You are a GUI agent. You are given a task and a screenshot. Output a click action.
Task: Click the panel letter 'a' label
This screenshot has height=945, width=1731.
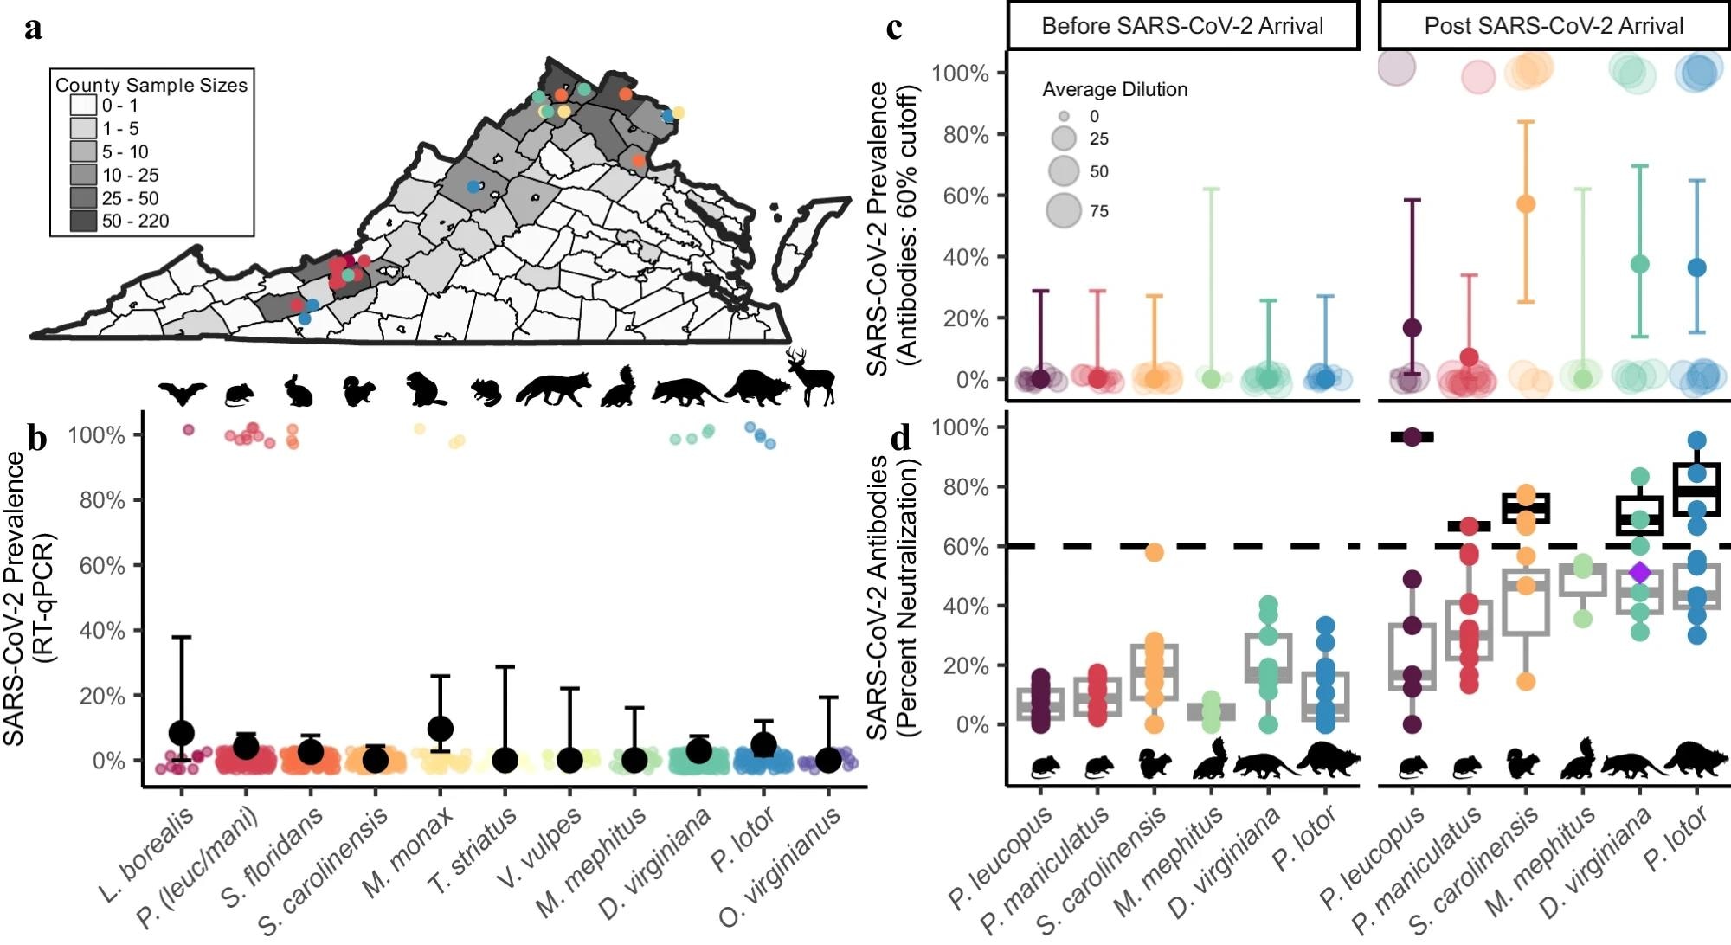33,28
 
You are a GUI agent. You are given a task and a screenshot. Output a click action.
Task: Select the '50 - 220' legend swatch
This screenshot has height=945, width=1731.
84,222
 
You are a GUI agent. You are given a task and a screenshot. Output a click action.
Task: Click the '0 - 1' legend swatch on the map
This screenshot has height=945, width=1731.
84,106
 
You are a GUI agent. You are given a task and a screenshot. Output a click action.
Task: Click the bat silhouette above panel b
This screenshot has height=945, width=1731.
183,393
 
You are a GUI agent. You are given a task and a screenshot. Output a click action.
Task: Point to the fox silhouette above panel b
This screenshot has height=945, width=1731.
554,389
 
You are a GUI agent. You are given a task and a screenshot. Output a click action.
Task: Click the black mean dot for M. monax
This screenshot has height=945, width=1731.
440,729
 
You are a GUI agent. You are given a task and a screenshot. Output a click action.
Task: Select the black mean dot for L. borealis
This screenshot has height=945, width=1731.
181,733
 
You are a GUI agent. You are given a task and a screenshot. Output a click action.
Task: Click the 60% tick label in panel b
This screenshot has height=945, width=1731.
102,566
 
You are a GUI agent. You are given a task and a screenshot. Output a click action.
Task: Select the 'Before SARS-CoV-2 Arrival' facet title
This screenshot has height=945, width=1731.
1182,26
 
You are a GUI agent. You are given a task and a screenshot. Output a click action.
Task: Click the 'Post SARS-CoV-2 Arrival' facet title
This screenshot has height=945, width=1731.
1554,26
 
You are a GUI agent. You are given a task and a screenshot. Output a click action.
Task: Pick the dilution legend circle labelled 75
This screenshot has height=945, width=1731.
1064,210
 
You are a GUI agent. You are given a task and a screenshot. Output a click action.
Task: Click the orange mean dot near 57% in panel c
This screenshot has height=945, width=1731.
1526,204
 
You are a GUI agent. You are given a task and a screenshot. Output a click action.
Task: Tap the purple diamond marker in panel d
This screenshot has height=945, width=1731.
1639,572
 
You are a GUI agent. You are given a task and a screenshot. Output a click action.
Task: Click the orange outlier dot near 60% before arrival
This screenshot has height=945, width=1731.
1155,552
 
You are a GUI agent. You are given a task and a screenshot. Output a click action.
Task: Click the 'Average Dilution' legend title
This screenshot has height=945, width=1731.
1114,89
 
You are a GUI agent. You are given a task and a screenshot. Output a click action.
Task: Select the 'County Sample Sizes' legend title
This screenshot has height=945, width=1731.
151,85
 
